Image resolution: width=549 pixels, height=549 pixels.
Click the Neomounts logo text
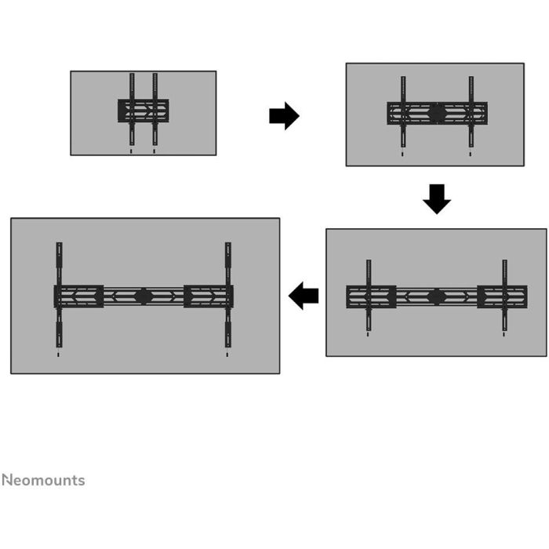coord(43,480)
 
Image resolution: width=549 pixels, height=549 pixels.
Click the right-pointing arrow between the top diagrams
coord(284,116)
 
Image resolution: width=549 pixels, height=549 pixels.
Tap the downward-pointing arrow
coord(437,199)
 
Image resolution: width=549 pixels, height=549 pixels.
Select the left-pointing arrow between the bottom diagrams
coord(304,296)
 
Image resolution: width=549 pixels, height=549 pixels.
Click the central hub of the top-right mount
coord(437,113)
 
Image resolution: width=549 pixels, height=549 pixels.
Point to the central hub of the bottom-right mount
coord(436,297)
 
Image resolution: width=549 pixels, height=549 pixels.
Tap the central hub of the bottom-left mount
coord(144,296)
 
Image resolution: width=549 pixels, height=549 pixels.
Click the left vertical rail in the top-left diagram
coord(132,109)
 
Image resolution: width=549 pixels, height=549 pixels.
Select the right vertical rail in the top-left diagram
coord(155,109)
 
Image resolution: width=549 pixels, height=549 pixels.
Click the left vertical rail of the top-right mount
coord(403,111)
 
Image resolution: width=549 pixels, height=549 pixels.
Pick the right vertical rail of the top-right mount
coord(471,111)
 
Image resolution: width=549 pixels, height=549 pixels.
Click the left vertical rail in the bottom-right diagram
coord(369,295)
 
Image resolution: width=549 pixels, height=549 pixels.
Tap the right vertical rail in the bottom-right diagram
coord(504,295)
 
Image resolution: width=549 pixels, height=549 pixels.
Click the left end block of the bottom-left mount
coord(78,296)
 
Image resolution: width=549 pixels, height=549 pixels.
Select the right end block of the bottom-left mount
coord(209,296)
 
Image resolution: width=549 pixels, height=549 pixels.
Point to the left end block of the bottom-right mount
coord(371,297)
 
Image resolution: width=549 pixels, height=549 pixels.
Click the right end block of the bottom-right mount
coord(502,297)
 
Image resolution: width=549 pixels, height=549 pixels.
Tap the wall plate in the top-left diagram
coord(144,111)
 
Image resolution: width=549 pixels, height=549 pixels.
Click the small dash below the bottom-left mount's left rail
coord(58,354)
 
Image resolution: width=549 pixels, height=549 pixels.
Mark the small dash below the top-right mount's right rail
coord(471,154)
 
